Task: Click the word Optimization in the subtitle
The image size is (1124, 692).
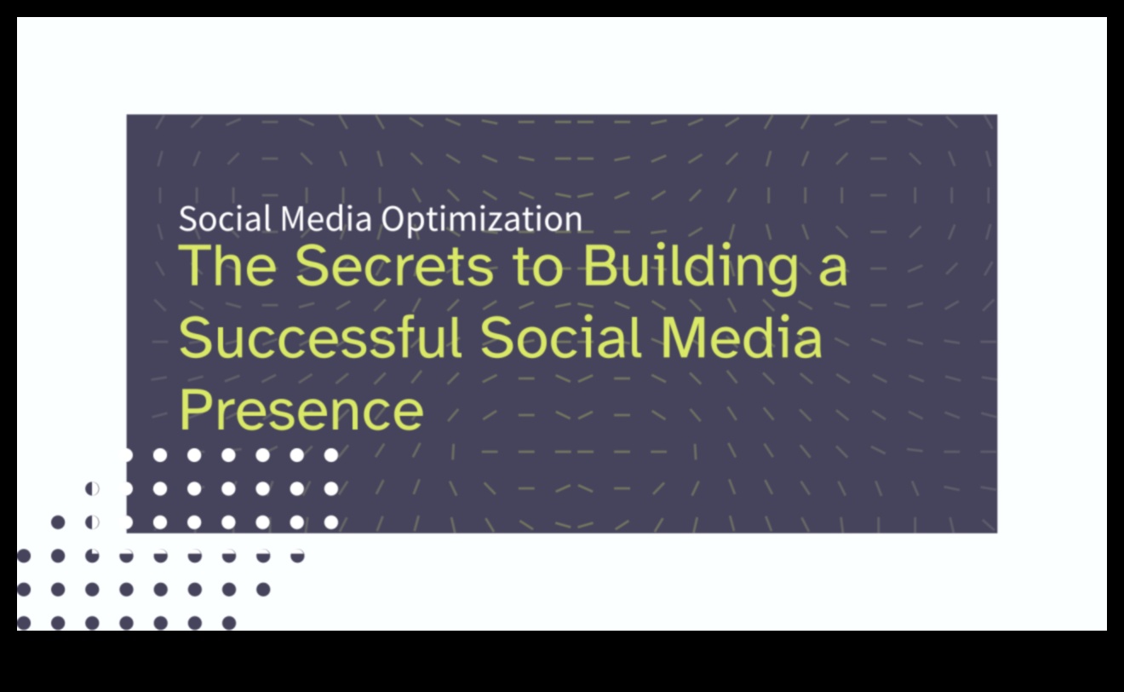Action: coord(482,220)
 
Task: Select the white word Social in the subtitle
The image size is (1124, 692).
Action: coord(225,218)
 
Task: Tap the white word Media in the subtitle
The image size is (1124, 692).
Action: coord(326,218)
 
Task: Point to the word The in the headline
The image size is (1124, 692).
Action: coord(227,265)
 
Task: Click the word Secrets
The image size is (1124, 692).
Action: coord(394,265)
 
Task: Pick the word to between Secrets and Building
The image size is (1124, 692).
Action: coord(537,267)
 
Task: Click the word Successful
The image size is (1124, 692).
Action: coord(319,337)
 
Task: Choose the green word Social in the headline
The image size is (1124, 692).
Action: coord(560,337)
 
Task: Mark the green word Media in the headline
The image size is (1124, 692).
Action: coord(742,337)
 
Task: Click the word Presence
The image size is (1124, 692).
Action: coord(301,410)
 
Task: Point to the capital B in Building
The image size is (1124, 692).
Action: coord(601,265)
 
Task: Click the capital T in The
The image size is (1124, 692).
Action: coord(198,265)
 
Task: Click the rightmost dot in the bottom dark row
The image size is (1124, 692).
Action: coord(229,623)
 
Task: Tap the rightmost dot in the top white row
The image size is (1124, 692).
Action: coord(331,455)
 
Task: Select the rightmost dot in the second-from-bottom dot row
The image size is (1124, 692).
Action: coord(263,589)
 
